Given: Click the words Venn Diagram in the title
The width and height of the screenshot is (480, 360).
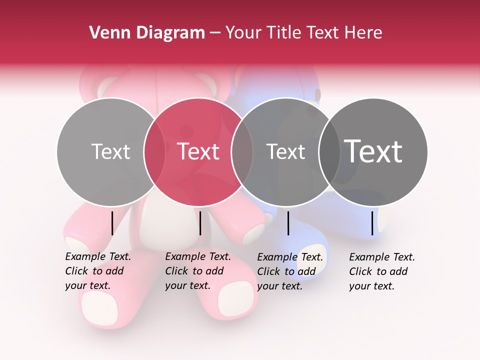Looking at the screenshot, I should click(x=146, y=33).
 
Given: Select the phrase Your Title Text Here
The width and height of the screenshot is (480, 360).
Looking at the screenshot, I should click(x=303, y=33).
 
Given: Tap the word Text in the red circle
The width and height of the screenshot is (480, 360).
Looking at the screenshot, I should click(x=198, y=151).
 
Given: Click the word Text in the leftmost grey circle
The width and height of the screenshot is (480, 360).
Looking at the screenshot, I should click(x=110, y=151).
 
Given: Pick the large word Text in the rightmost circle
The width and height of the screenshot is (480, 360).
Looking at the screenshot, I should click(x=373, y=151).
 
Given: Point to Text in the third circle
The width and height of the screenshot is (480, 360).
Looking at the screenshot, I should click(x=286, y=151).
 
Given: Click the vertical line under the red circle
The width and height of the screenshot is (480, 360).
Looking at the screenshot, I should click(x=200, y=223).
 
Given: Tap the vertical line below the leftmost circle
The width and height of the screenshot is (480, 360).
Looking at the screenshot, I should click(x=112, y=223).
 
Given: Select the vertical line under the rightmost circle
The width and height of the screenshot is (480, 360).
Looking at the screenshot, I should click(x=372, y=223).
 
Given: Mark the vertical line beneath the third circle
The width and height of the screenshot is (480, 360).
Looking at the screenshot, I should click(x=288, y=223).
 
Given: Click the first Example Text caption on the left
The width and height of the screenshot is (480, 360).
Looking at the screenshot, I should click(x=97, y=271).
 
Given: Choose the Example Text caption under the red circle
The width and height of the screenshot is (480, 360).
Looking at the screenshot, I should click(x=197, y=271).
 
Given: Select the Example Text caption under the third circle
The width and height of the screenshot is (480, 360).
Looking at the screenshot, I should click(x=289, y=271).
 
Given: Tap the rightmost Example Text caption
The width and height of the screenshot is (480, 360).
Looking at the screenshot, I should click(x=381, y=271).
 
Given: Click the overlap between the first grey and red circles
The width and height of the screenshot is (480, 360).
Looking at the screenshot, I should click(x=154, y=151).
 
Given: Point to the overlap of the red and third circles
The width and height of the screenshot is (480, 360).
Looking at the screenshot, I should click(x=242, y=151).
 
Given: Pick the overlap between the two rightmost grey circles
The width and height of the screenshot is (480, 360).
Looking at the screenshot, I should click(x=330, y=151).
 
